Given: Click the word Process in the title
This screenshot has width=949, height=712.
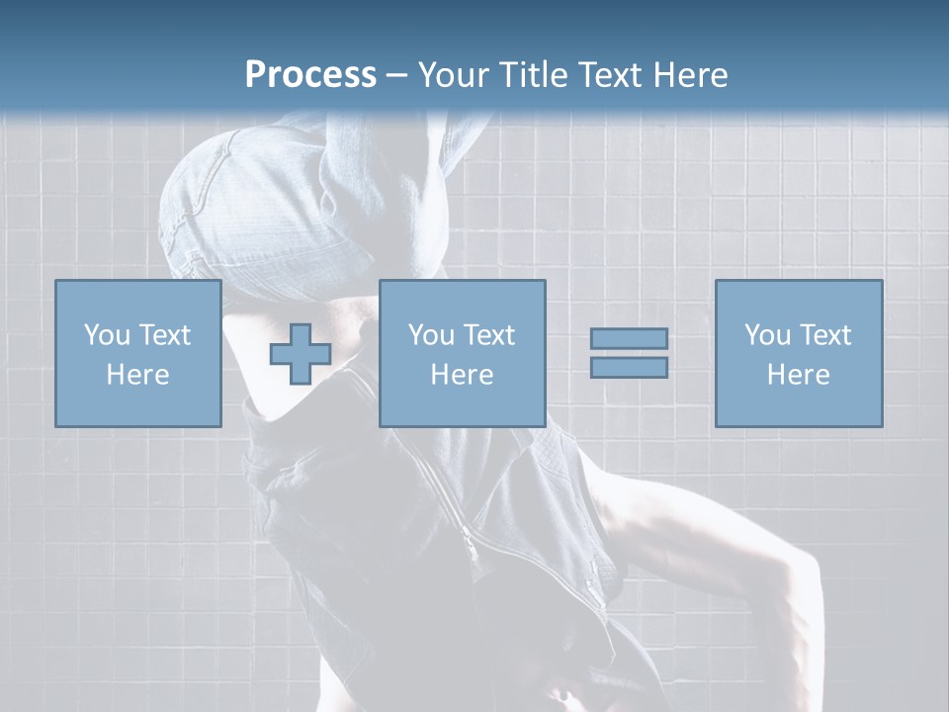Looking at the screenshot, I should (310, 75).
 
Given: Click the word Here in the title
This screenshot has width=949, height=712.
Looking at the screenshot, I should (693, 75).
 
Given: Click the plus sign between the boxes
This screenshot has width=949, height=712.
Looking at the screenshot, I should (301, 354).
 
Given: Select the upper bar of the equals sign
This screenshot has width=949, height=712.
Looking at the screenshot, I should (629, 339).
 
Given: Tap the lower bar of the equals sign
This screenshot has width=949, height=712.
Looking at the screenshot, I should (629, 368).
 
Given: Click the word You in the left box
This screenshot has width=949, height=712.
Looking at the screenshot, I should (107, 335).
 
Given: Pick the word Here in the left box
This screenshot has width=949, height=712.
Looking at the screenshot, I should (137, 375).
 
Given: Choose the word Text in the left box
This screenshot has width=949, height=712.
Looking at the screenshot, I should (163, 335).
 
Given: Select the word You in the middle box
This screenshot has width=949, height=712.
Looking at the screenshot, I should (431, 335).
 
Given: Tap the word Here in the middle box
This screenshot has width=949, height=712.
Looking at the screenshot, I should (462, 375).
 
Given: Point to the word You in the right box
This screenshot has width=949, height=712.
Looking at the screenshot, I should (767, 335).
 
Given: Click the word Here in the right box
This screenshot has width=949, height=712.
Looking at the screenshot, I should (798, 375).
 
